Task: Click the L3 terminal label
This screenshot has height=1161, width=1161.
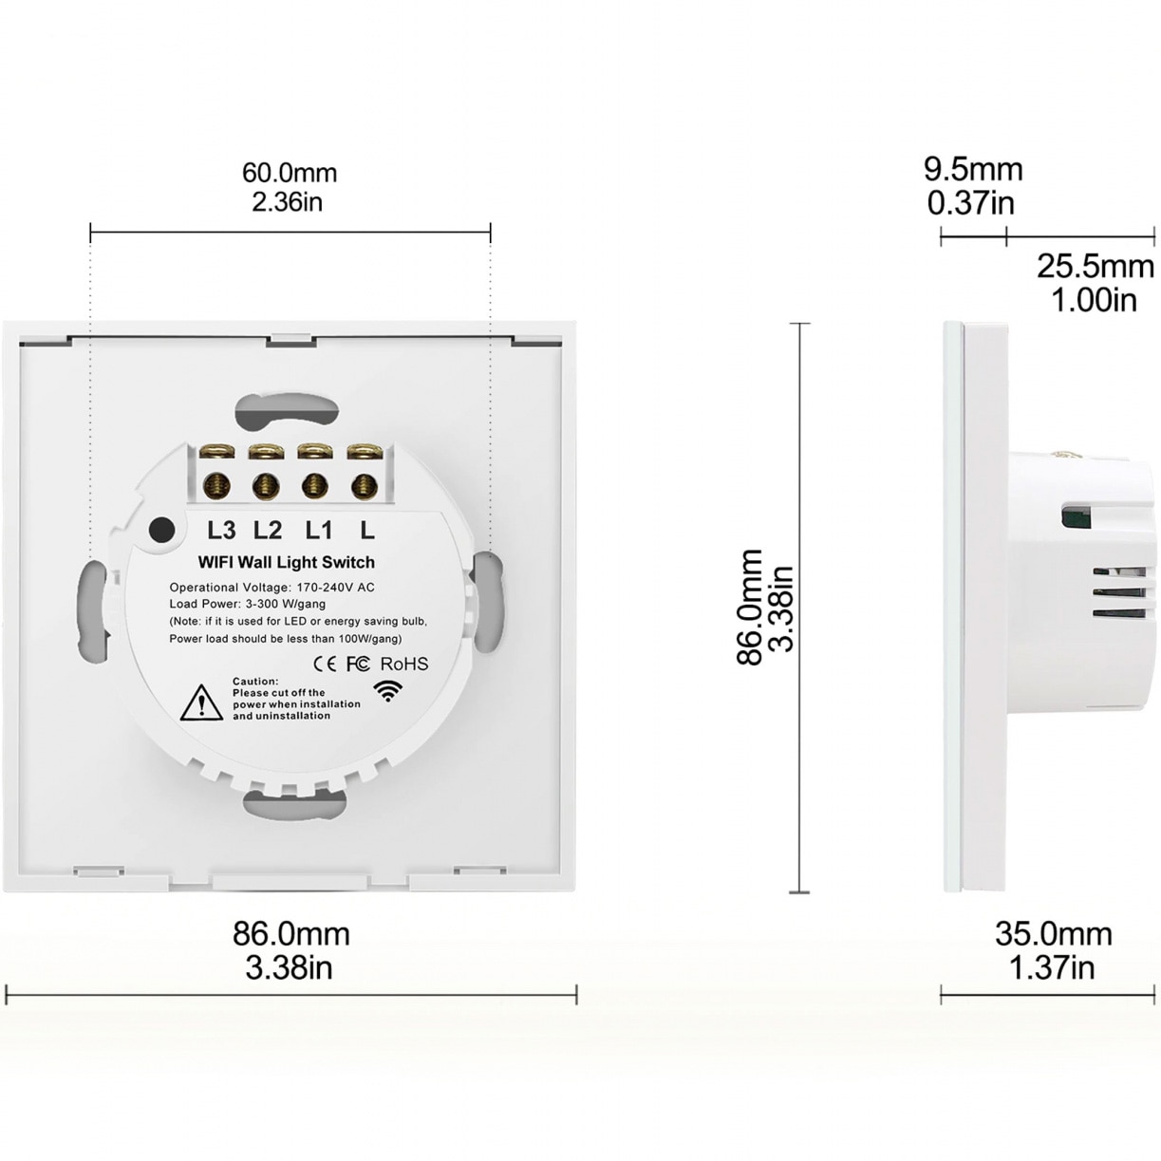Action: coord(220,530)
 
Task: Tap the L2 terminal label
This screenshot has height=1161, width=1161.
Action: coord(269,530)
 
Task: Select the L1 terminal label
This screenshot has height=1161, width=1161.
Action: coord(318,530)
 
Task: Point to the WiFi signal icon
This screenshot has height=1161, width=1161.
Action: coord(387,691)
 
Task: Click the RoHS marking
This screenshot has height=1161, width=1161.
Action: coord(404,664)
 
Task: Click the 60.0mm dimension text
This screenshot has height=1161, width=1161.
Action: coord(290,173)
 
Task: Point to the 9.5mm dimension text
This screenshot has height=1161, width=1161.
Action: coord(973,169)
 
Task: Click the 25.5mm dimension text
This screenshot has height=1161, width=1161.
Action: coord(1095,266)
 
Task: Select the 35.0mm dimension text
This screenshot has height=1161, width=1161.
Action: coord(1054,933)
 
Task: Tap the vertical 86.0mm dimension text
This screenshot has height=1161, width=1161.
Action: coord(751,608)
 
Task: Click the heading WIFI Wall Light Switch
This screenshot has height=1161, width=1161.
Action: coord(286,562)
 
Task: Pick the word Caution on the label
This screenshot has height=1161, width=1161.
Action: coord(255,682)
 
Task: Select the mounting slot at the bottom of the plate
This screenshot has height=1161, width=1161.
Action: coord(290,803)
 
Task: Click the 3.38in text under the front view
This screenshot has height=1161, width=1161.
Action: coord(290,967)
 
